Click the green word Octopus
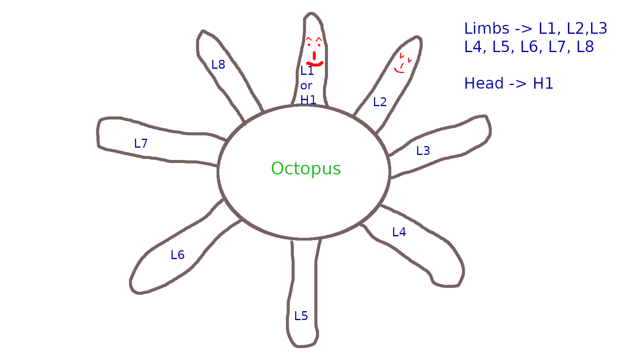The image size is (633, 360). point(306,169)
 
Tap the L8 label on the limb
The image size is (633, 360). point(218,65)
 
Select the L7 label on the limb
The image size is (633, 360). point(141,144)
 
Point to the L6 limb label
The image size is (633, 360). point(178,255)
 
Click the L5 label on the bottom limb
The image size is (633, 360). point(301,316)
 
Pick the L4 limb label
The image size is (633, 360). point(399,232)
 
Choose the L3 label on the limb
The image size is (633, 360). point(423,151)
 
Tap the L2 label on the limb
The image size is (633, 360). point(380,102)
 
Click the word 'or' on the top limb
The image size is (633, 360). point(306,86)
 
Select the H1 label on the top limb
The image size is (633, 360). point(308,100)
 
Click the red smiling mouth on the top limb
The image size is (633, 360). point(315,63)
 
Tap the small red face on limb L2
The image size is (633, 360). point(402,63)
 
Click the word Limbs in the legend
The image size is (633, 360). point(487,29)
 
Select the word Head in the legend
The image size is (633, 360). point(484,84)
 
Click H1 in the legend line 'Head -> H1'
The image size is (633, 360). point(543,84)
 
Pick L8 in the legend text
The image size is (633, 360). point(585,47)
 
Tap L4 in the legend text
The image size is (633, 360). point(473,47)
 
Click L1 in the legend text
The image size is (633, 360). point(547,29)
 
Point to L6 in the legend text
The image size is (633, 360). point(529,47)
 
